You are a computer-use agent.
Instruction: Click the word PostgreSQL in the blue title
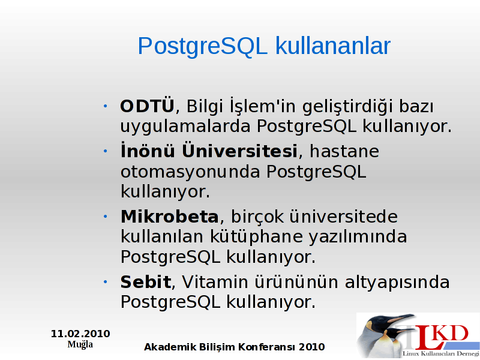click(x=203, y=47)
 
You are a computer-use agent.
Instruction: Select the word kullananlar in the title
click(x=333, y=46)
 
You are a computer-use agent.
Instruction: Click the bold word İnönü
click(x=148, y=150)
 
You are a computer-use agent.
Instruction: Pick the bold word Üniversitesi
click(x=239, y=150)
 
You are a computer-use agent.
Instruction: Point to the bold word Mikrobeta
click(x=170, y=217)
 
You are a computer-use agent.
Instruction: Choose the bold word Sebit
click(x=146, y=281)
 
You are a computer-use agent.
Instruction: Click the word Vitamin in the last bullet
click(x=215, y=281)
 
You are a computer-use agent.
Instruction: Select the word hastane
click(x=344, y=151)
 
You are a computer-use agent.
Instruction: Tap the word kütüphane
click(x=257, y=237)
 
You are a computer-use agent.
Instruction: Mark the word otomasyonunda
click(x=190, y=172)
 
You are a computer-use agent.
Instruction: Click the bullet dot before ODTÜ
click(x=106, y=106)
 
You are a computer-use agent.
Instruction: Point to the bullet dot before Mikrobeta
click(x=106, y=217)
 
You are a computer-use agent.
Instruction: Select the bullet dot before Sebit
click(x=106, y=281)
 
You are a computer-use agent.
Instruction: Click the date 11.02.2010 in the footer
click(x=80, y=334)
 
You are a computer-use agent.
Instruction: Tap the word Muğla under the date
click(x=80, y=344)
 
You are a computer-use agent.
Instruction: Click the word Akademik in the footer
click(x=170, y=347)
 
